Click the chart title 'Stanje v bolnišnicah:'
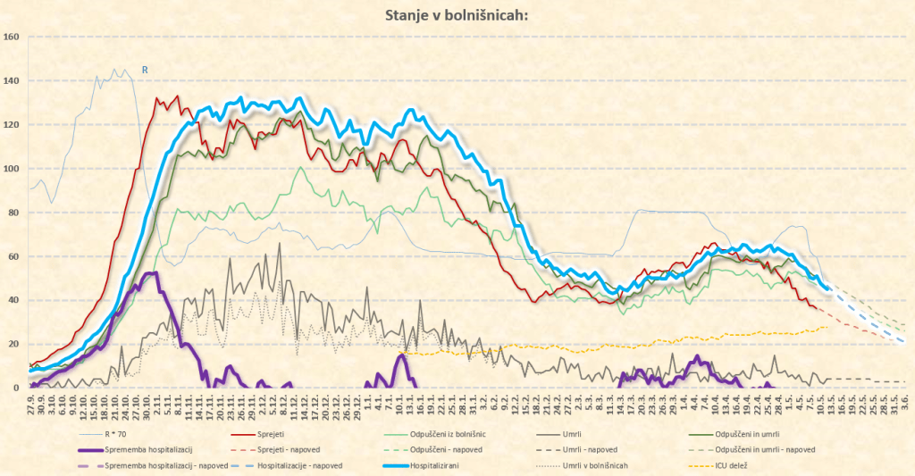point(457,14)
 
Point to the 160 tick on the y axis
point(12,37)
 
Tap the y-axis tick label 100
point(12,169)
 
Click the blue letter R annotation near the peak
point(145,68)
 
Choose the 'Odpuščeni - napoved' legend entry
point(441,449)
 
